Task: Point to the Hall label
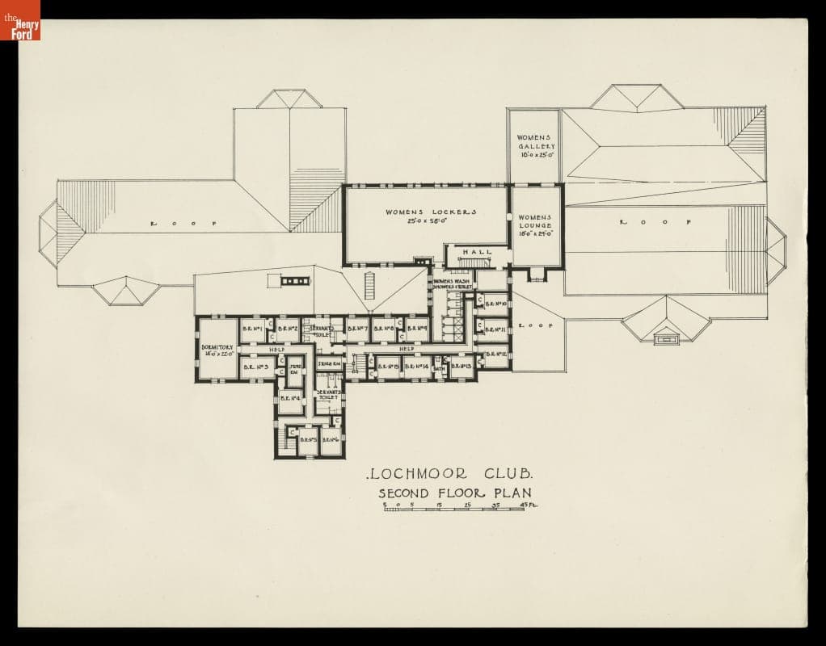477,253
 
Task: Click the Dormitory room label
217,350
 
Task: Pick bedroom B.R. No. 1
253,329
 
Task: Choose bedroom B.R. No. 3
255,367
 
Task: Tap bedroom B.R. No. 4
290,397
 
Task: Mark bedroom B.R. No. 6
331,439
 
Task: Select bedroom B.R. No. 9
416,329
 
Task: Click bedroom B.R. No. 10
495,304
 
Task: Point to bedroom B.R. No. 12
496,354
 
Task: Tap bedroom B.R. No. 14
416,367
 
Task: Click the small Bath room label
440,368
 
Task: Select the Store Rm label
328,365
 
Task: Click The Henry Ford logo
20,20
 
